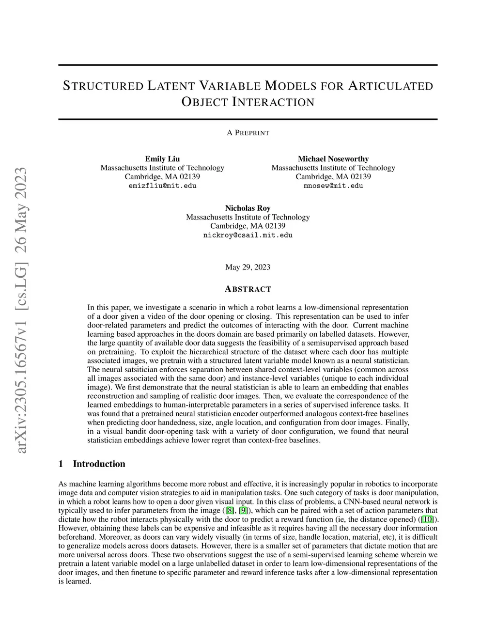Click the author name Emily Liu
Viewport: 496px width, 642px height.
(162, 159)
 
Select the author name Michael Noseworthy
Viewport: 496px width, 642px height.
(333, 159)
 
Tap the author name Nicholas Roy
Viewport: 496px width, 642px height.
(248, 208)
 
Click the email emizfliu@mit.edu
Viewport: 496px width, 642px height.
(162, 186)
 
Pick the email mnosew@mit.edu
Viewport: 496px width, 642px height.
(333, 186)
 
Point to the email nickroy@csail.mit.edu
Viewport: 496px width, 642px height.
(248, 235)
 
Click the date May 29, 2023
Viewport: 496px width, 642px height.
(248, 267)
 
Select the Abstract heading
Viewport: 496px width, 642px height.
(248, 289)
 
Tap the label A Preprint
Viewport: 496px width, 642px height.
(248, 133)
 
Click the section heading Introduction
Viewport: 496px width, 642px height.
(99, 464)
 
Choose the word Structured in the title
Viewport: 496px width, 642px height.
(103, 86)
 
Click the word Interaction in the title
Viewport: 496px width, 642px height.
(273, 102)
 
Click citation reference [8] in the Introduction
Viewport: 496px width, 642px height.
(229, 511)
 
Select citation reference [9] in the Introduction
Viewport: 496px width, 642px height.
(243, 511)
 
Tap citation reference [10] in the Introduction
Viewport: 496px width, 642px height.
(427, 519)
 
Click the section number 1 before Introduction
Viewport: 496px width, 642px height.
(61, 464)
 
